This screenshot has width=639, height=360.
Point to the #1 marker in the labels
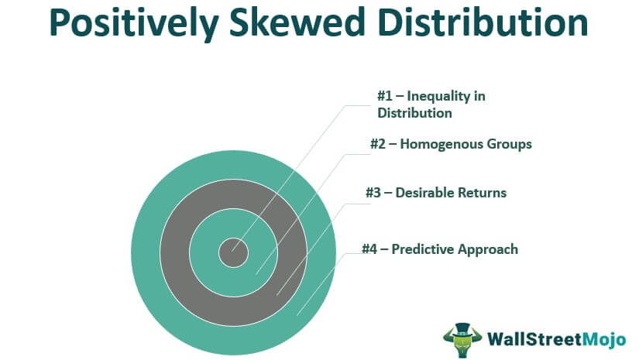[x=385, y=96]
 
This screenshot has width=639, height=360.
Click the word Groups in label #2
[x=510, y=144]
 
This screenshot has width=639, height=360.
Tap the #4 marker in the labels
[x=370, y=249]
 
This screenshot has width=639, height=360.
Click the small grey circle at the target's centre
[x=232, y=252]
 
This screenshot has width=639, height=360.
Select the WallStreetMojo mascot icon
[x=462, y=338]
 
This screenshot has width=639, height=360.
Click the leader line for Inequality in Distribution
[x=294, y=175]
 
